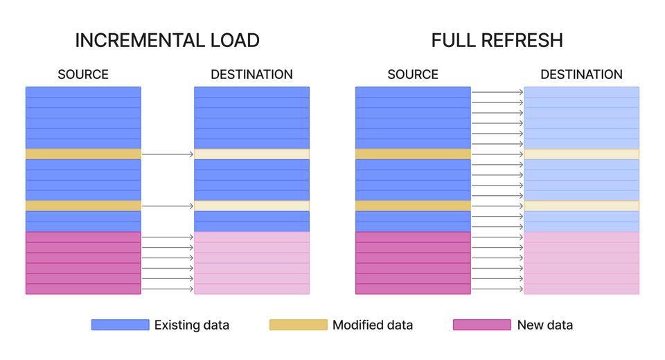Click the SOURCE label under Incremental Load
[x=83, y=74]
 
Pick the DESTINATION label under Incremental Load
[x=251, y=74]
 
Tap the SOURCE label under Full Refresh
[x=413, y=74]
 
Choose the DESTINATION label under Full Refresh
[x=581, y=74]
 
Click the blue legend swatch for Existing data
[x=120, y=325]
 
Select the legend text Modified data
[x=373, y=325]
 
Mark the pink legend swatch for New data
[x=481, y=325]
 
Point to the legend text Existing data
[x=192, y=325]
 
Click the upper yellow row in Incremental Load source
[x=83, y=154]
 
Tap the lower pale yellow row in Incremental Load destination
[x=251, y=206]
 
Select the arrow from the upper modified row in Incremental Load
[x=168, y=154]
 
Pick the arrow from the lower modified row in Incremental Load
[x=168, y=206]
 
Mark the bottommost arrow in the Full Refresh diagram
[x=497, y=289]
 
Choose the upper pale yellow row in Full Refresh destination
[x=581, y=154]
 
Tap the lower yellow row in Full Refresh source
[x=413, y=206]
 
